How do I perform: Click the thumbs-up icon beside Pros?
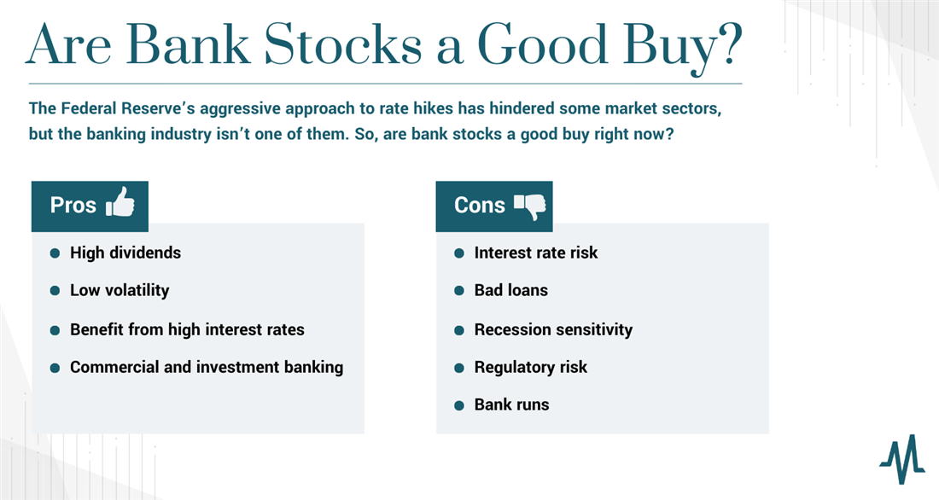click(120, 202)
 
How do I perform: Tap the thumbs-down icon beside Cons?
click(530, 206)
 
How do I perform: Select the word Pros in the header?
click(73, 205)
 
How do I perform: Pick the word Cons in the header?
click(480, 205)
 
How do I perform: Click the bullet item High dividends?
click(125, 253)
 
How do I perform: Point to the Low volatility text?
click(120, 290)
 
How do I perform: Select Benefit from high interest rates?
click(187, 329)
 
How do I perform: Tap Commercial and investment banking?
click(207, 367)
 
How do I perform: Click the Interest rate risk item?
click(536, 253)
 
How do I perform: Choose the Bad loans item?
click(510, 290)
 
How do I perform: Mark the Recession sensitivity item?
click(553, 329)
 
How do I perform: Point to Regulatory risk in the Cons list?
click(531, 367)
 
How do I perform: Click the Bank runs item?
click(511, 404)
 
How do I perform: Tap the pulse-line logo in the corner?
click(902, 459)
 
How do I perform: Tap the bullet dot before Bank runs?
click(459, 405)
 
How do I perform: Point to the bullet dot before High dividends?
click(55, 253)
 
